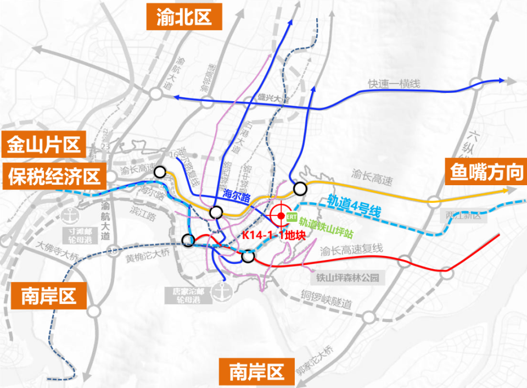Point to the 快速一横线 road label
pyautogui.click(x=394, y=84)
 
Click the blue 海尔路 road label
pyautogui.click(x=237, y=195)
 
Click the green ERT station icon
pyautogui.click(x=291, y=216)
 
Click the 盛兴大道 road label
pyautogui.click(x=273, y=99)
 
